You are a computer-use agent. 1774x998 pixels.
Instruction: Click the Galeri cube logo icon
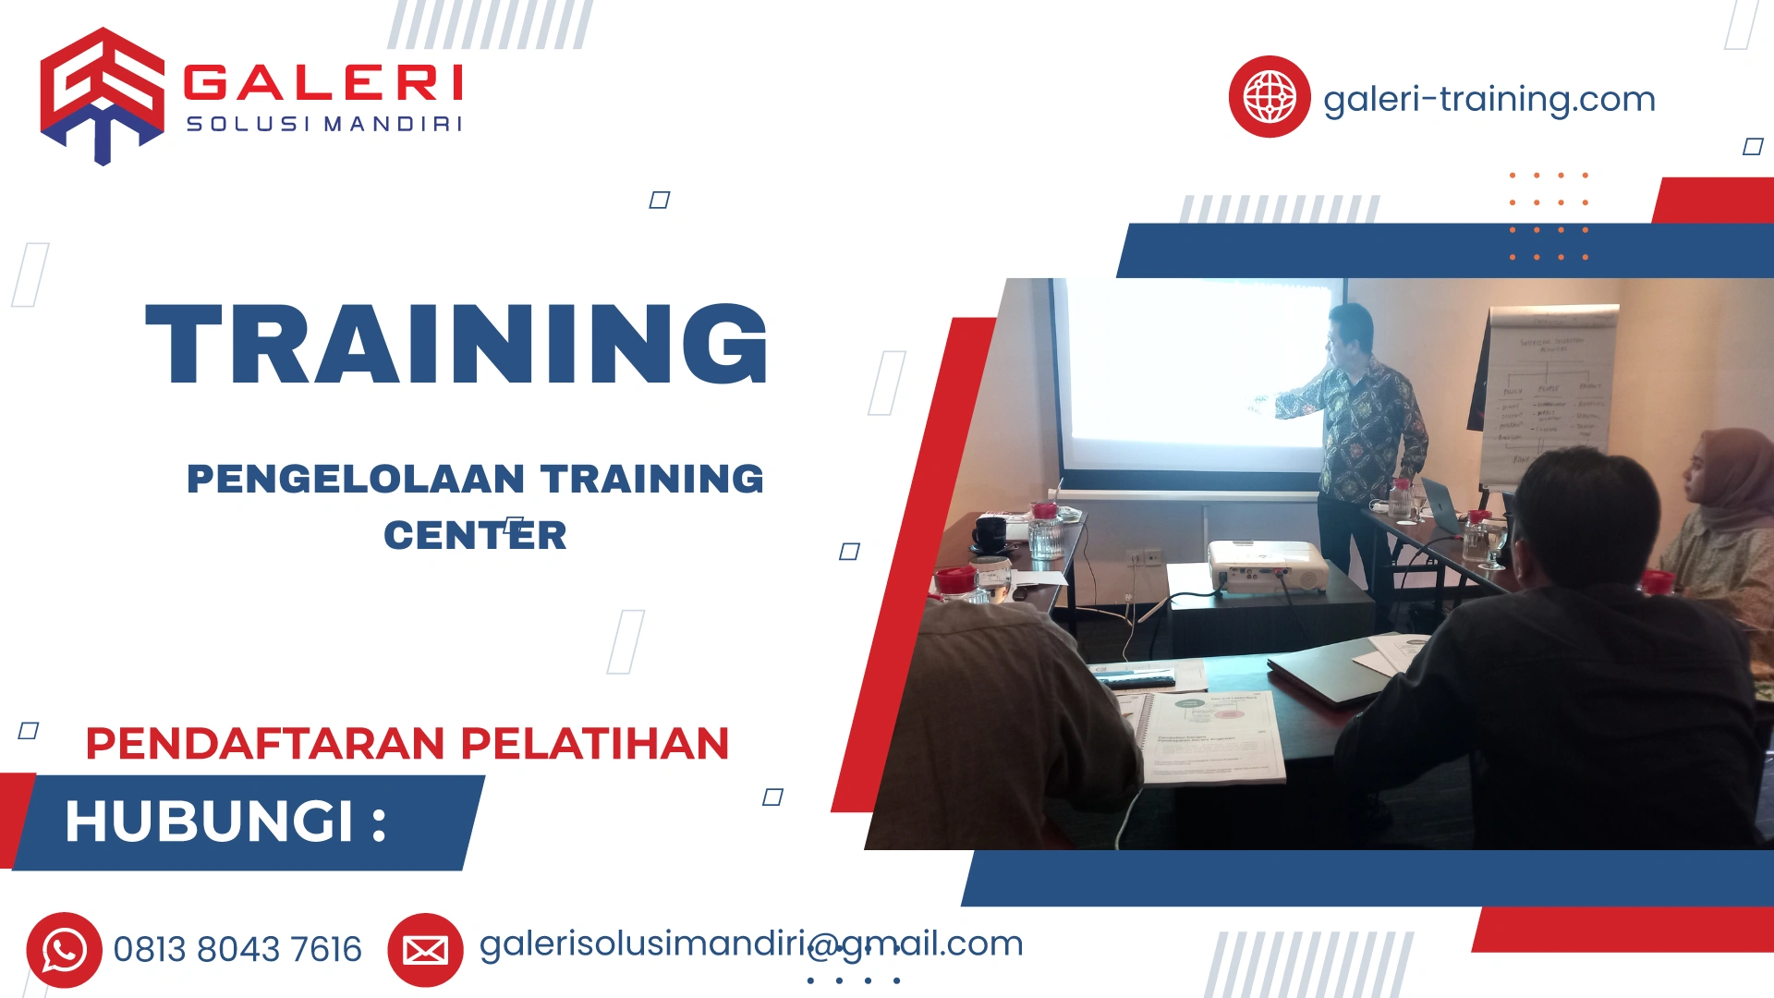click(102, 95)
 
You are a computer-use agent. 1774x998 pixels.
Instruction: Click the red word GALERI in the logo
click(322, 83)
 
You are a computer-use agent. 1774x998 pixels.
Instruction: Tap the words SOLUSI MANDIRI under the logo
click(323, 124)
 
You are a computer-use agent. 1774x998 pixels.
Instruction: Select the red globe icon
click(1269, 97)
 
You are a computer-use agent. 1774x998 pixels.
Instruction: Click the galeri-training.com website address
click(1488, 99)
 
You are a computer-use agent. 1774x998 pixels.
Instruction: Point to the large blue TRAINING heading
click(456, 344)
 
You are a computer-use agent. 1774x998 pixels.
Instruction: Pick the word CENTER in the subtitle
click(475, 535)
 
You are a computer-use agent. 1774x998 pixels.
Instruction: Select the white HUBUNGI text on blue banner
click(225, 821)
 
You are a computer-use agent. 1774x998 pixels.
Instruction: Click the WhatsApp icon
click(64, 950)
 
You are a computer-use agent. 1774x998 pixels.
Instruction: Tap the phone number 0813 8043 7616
click(237, 950)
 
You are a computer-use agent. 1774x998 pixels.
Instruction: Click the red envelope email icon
click(425, 950)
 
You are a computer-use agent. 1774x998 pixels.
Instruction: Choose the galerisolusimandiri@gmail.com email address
click(750, 943)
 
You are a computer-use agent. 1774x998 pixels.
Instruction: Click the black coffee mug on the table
click(990, 534)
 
